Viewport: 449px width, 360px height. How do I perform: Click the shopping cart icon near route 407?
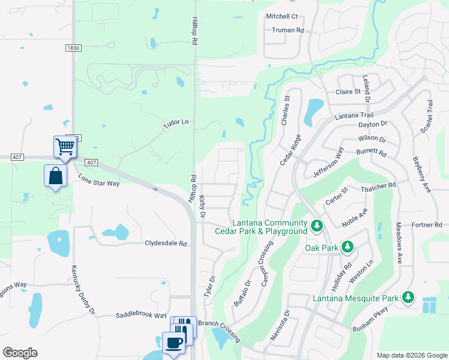click(x=65, y=146)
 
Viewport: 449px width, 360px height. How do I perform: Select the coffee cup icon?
click(x=173, y=343)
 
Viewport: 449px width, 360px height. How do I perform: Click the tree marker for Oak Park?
click(x=346, y=247)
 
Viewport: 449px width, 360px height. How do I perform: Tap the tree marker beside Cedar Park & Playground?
click(x=316, y=226)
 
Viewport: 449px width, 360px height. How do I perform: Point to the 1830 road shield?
click(x=73, y=48)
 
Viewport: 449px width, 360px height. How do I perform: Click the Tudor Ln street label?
click(x=176, y=122)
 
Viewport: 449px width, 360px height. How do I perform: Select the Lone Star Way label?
click(x=99, y=180)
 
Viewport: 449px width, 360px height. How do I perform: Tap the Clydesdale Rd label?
click(x=166, y=244)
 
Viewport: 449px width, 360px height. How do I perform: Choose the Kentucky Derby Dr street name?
click(x=83, y=290)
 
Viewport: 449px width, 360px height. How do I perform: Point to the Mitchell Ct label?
click(x=282, y=16)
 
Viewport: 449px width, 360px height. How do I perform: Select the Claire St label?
click(x=348, y=92)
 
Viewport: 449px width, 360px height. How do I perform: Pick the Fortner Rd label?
click(x=427, y=225)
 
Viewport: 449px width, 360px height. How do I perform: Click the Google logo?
click(x=20, y=353)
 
